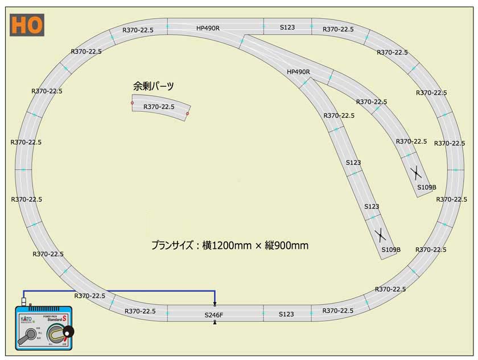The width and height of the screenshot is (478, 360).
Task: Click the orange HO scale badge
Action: [x=27, y=24]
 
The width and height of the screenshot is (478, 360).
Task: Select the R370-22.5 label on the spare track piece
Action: [x=159, y=107]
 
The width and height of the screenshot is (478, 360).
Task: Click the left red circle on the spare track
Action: [x=133, y=103]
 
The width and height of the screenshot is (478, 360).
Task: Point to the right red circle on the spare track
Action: [x=187, y=113]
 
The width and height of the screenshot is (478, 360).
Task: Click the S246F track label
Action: [x=214, y=314]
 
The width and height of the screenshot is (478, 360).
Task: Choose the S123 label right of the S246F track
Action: [x=287, y=314]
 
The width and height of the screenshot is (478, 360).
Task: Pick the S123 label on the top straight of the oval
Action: [x=287, y=27]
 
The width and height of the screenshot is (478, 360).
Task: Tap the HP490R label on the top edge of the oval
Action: [x=208, y=27]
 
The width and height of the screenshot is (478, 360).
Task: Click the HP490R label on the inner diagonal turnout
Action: [x=298, y=72]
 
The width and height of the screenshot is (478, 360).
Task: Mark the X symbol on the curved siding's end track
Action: [x=417, y=170]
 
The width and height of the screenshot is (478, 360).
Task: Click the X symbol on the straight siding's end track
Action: [x=381, y=234]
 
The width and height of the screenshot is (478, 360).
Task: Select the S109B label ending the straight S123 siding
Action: [x=391, y=249]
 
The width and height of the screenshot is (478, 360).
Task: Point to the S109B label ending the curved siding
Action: [x=426, y=187]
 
